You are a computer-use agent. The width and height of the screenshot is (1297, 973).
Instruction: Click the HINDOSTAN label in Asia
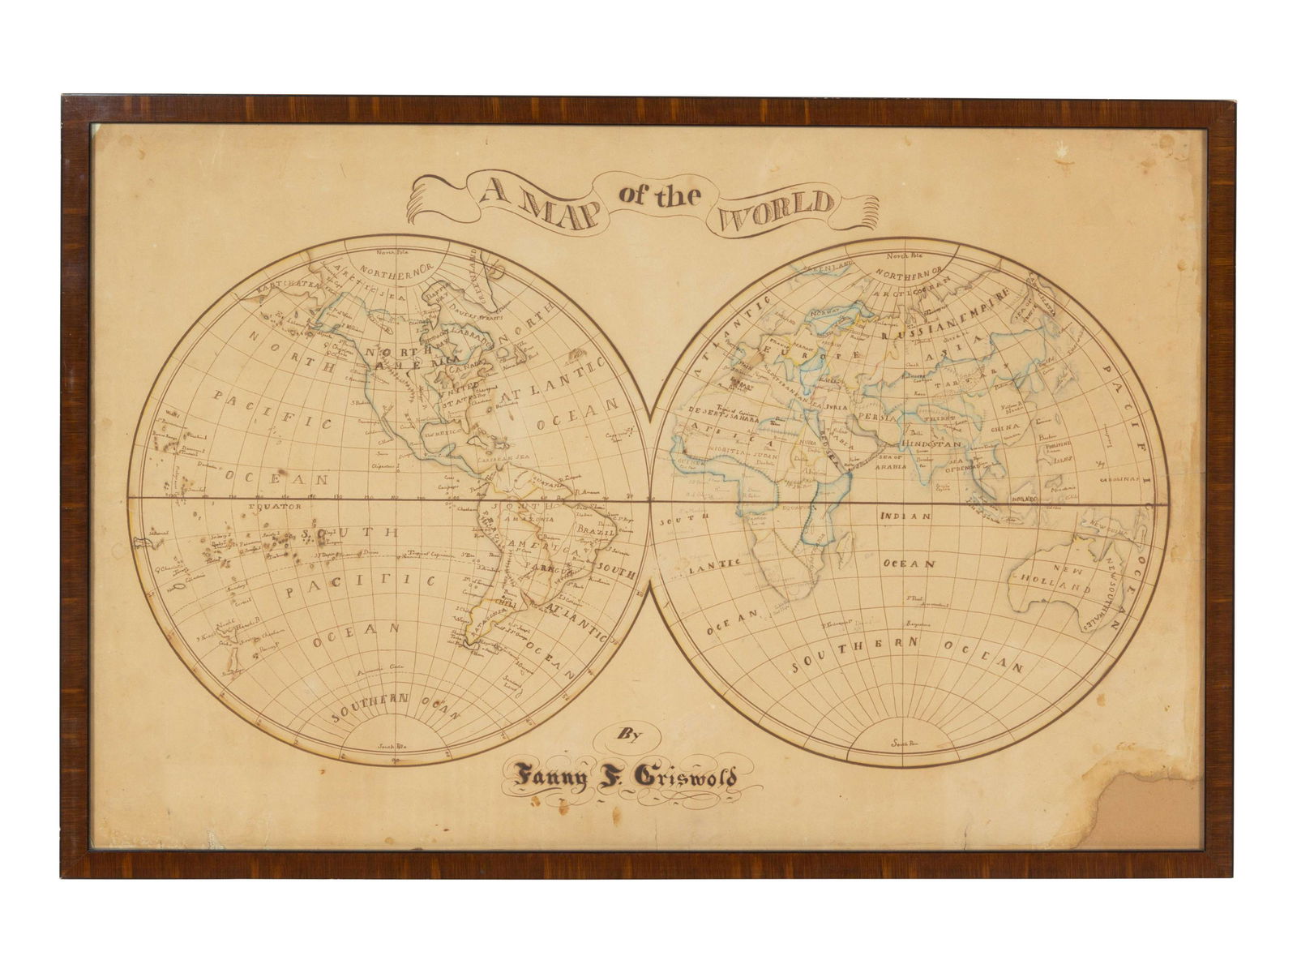coord(929,445)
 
